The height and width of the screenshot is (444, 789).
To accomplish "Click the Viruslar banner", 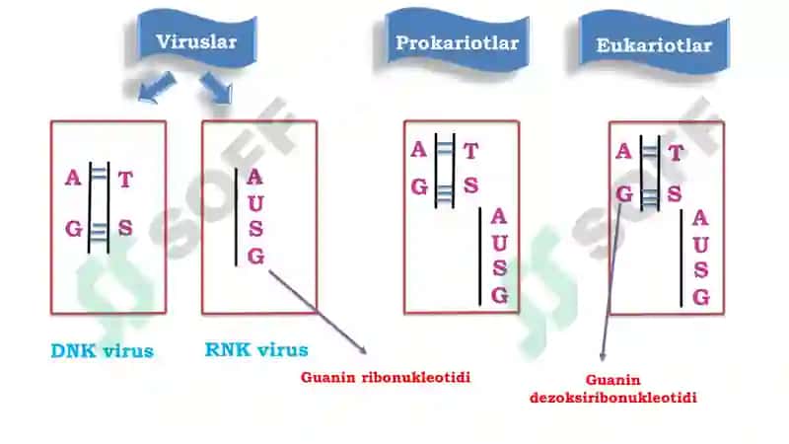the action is (x=196, y=41).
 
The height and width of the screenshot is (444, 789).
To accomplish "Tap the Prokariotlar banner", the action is (x=457, y=42).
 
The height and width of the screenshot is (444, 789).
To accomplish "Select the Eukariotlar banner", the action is (x=654, y=44).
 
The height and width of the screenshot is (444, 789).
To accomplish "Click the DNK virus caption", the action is (x=103, y=351).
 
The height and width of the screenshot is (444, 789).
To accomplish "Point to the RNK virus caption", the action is (x=256, y=350).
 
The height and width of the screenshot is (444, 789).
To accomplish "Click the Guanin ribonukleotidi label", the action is (x=386, y=377).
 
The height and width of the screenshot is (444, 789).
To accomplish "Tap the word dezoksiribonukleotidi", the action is (x=613, y=398).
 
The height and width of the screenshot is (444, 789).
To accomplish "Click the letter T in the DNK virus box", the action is (x=125, y=180).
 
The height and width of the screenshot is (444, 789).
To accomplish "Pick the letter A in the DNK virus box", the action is (x=73, y=178).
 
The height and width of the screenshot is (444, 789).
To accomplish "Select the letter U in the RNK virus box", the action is (x=255, y=203).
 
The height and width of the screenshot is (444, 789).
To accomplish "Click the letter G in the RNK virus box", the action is (x=255, y=257).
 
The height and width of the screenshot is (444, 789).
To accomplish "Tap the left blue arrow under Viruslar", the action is (x=157, y=87).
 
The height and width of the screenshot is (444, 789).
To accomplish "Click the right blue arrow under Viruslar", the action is (x=217, y=88).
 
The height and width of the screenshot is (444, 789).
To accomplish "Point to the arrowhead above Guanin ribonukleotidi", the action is (x=361, y=349).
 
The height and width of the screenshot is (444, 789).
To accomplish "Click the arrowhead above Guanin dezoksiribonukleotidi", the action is (x=603, y=355).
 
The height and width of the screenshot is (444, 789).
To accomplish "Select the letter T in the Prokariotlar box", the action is (x=470, y=151).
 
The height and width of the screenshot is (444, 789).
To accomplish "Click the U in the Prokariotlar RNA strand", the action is (x=499, y=243).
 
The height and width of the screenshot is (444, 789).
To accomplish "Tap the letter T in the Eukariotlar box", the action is (x=676, y=153).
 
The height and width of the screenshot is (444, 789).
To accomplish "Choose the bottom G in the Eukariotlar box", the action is (x=701, y=297).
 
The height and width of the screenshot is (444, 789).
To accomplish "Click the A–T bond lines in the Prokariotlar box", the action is (x=445, y=149).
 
